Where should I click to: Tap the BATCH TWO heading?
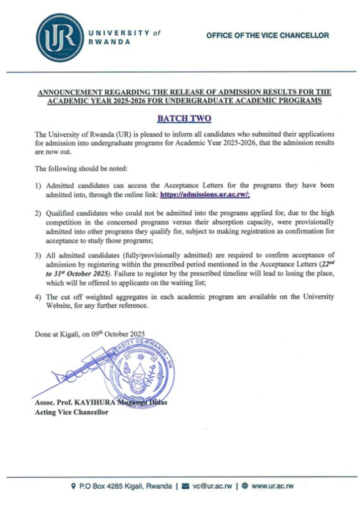tap(184, 119)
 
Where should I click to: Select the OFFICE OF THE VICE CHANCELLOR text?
tap(267, 35)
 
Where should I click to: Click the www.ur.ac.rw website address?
tap(272, 486)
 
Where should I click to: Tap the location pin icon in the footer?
tap(74, 486)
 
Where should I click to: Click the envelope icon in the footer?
tap(185, 486)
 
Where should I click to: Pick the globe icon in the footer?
tap(245, 486)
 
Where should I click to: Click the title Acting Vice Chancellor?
tap(71, 412)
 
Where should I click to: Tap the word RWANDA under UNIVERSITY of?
tap(109, 42)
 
